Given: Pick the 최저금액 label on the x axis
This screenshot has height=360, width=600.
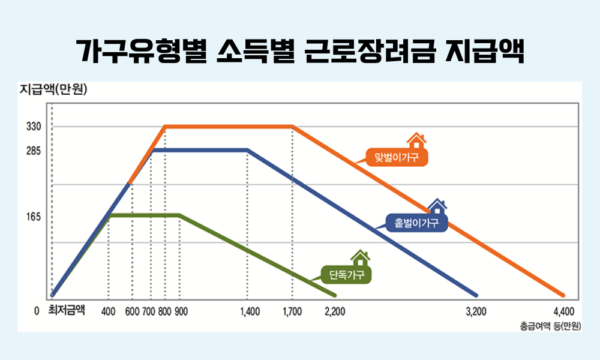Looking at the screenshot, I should point(66,311).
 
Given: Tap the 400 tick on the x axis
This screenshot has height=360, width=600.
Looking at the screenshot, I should point(109,311).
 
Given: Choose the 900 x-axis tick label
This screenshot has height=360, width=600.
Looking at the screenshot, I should point(181,311).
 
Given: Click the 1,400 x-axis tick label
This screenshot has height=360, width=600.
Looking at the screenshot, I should point(250,311).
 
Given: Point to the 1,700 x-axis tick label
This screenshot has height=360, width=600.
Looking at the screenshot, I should point(293,311).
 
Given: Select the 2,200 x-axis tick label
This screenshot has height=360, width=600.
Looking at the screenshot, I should point(334,311).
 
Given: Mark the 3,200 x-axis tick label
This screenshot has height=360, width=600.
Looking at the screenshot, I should point(476,311).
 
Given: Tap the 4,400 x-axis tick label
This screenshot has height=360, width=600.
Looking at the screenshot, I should point(563,311).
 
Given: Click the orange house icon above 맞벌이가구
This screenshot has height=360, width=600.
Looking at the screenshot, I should point(416,140).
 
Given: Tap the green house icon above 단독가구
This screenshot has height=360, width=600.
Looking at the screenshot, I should point(360,258).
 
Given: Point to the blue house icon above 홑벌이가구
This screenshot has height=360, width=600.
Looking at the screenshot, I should point(437,206).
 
